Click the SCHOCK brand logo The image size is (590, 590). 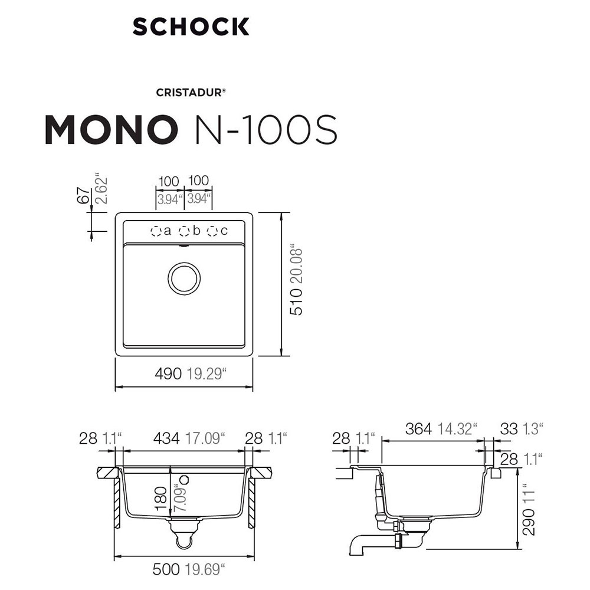tap(191, 27)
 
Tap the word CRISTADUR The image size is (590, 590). tap(189, 93)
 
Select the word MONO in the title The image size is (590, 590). tap(112, 129)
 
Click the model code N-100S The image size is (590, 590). tap(264, 129)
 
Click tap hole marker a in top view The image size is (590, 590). tap(156, 231)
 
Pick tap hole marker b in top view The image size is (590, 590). tap(184, 231)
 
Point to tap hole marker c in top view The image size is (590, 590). tap(212, 231)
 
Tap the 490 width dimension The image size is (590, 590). tap(168, 373)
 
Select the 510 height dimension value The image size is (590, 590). tap(296, 302)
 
